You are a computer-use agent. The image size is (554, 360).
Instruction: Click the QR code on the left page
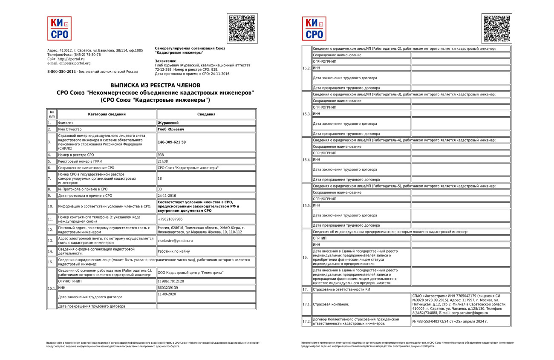(x=242, y=29)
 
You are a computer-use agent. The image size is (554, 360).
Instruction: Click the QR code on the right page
(x=497, y=29)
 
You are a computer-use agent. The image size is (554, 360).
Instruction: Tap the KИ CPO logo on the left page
(x=59, y=29)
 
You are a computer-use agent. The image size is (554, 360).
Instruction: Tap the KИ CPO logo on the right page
(x=314, y=29)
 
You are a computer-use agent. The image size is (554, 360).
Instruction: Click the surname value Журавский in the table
(x=168, y=123)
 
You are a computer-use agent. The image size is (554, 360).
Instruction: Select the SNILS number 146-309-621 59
(x=172, y=142)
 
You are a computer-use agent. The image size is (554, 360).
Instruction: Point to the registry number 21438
(x=163, y=161)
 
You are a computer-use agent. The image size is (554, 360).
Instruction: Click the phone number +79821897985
(x=170, y=219)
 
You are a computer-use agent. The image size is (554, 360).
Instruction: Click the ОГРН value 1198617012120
(x=172, y=281)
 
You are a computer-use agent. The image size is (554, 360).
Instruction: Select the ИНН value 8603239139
(x=168, y=288)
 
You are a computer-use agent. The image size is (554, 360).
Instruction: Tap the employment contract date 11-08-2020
(x=167, y=294)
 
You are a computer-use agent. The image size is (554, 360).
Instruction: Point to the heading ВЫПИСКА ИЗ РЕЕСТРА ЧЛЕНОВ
(x=155, y=86)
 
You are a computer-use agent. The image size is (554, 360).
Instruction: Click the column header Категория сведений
(x=107, y=114)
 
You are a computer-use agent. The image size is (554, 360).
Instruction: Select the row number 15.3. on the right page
(x=306, y=114)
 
